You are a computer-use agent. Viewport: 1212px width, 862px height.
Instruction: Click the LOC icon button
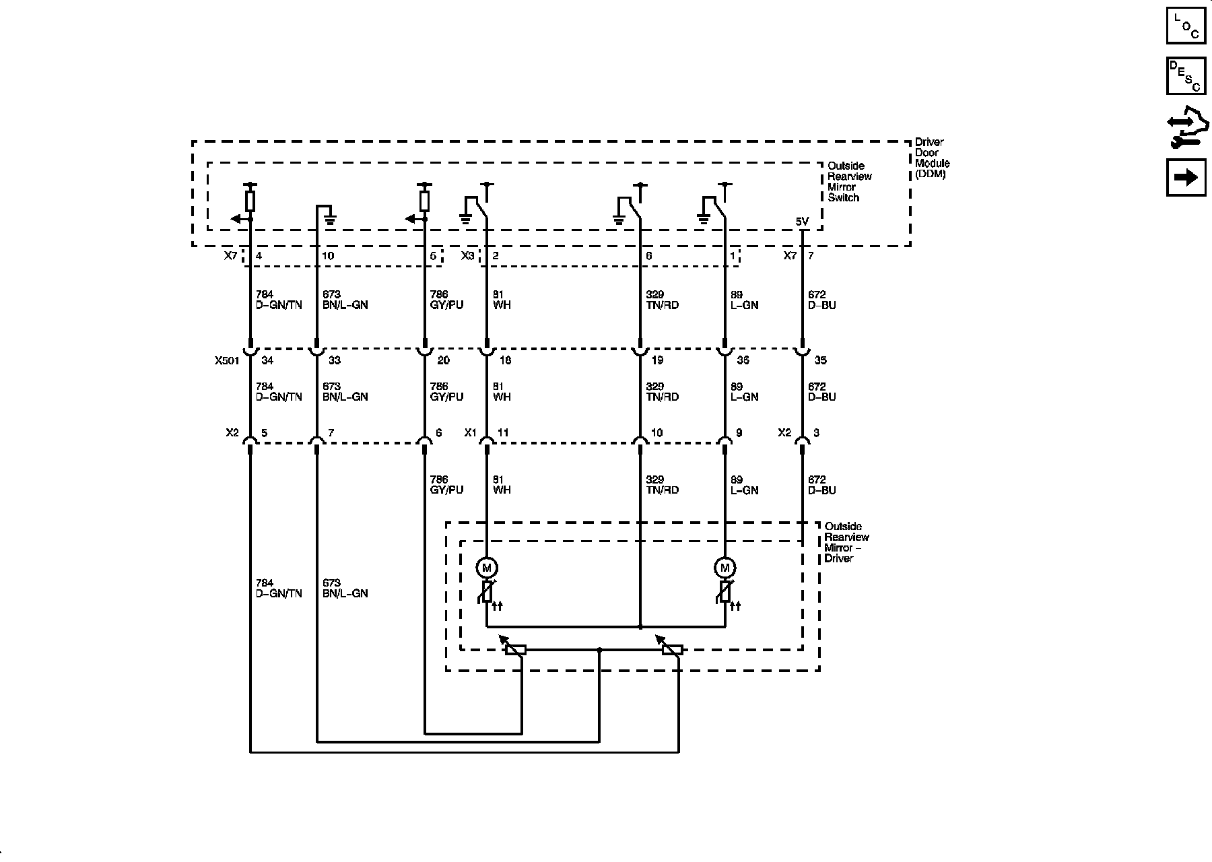[1186, 25]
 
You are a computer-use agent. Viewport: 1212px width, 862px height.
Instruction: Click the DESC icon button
[1186, 75]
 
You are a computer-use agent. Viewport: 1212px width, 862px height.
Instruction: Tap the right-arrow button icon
[1186, 177]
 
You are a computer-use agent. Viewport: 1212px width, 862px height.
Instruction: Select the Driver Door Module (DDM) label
[932, 158]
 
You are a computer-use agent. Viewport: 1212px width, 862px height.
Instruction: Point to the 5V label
[802, 222]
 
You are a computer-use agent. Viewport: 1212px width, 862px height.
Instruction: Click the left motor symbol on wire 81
[487, 568]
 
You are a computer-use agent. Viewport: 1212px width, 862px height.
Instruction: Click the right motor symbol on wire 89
[725, 568]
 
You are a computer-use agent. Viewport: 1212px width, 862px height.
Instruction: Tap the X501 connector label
[227, 361]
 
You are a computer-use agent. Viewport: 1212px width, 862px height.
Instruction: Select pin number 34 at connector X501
[267, 361]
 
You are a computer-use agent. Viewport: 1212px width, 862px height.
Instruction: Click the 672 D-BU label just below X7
[821, 300]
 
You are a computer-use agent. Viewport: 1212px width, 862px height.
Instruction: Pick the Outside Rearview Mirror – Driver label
[846, 542]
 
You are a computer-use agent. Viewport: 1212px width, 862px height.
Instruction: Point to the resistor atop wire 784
[250, 201]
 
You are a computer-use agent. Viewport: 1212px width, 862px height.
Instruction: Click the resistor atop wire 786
[424, 201]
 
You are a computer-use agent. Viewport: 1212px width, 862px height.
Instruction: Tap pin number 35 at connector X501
[820, 361]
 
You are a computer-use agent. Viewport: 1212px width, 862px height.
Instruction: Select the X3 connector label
[467, 256]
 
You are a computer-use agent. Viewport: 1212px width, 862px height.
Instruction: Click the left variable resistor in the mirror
[515, 650]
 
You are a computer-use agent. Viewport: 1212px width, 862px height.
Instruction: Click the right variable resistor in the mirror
[672, 650]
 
